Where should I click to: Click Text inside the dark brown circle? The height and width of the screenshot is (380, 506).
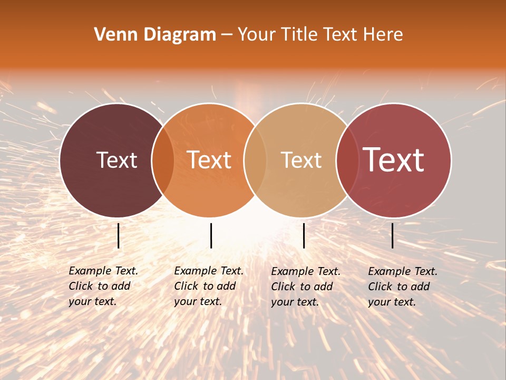coord(116,160)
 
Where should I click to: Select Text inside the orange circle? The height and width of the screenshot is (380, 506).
coord(209,160)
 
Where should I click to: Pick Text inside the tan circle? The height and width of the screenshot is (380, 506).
coord(301,160)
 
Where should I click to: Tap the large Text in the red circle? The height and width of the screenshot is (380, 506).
coord(394,160)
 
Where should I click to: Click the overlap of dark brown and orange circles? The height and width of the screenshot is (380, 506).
coord(163,160)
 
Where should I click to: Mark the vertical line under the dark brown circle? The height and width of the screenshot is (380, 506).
coord(119,235)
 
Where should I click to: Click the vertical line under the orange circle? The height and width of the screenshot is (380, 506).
coord(211,235)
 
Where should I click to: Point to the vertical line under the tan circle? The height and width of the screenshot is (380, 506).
coord(304,235)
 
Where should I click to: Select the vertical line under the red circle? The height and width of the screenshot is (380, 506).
coord(393,235)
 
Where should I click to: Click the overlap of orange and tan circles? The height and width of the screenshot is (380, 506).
coord(256,160)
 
